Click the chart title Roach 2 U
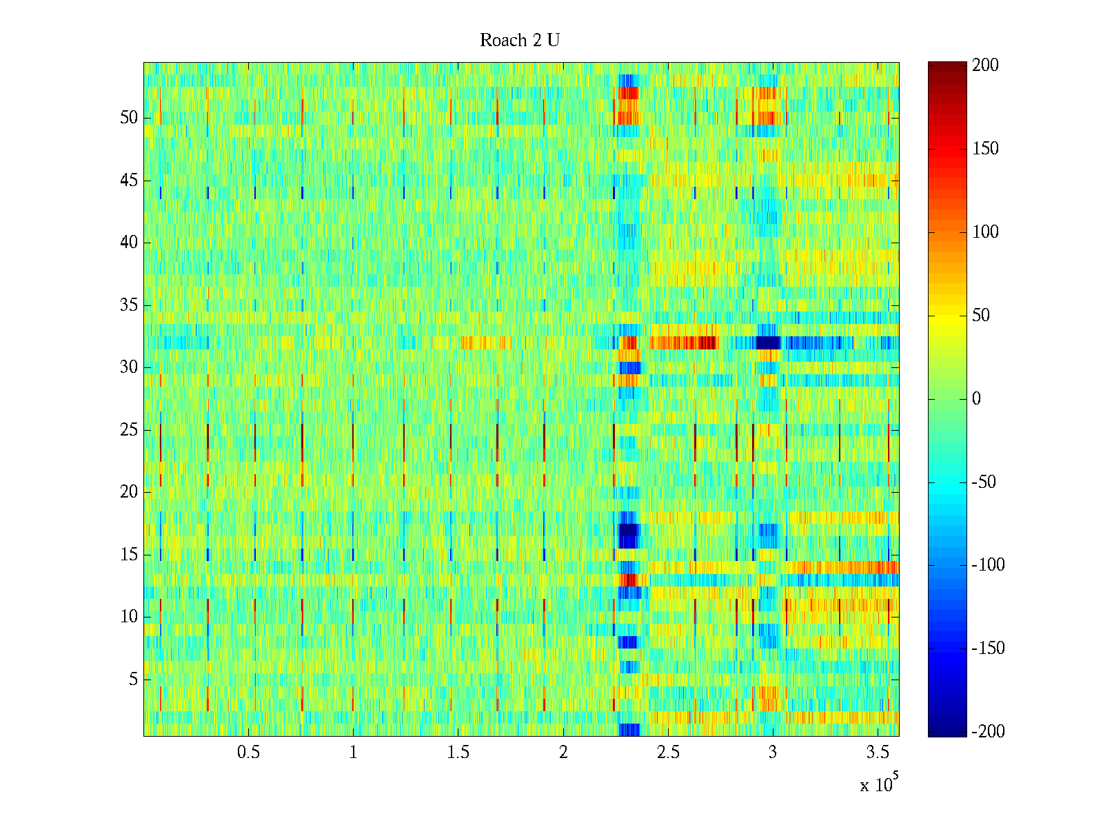click(x=520, y=41)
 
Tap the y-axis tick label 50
click(x=129, y=118)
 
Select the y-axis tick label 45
click(x=129, y=181)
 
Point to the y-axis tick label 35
click(x=129, y=305)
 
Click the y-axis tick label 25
click(x=129, y=430)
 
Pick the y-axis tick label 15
click(x=129, y=555)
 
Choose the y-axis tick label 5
click(x=133, y=680)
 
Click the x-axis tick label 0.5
click(x=248, y=753)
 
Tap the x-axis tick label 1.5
click(x=458, y=753)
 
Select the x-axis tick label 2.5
click(x=668, y=753)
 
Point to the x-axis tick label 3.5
click(x=878, y=753)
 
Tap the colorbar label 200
click(x=985, y=65)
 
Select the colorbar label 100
click(x=985, y=232)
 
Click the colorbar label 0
click(x=976, y=399)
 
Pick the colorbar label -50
click(x=984, y=482)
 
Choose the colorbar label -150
click(x=988, y=649)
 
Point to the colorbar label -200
click(x=988, y=732)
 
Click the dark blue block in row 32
click(x=768, y=343)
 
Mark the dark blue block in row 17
click(x=628, y=535)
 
